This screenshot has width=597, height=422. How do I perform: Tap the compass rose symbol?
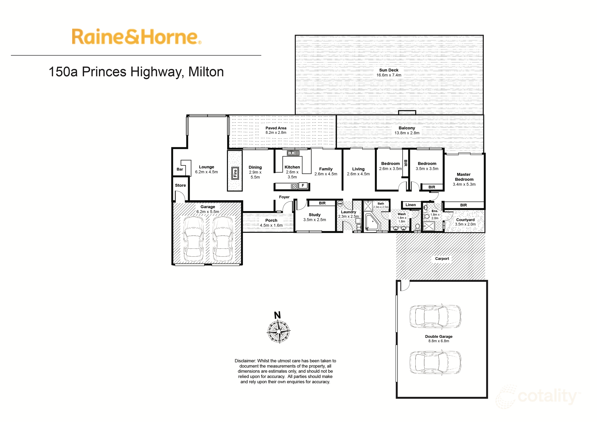tap(278, 332)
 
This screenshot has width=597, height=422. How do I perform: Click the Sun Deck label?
tap(389, 70)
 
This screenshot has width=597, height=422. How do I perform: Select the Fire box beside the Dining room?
tap(235, 173)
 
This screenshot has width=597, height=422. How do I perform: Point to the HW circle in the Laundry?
tap(340, 204)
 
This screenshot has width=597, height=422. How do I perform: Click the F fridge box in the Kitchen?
tap(303, 185)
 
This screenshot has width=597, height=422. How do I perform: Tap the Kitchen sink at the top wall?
tap(293, 153)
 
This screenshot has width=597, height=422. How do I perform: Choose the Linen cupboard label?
tap(411, 205)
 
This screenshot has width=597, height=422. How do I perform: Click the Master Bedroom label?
tap(464, 177)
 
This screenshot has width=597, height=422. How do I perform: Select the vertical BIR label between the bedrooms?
tap(405, 163)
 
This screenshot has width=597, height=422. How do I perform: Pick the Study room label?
tap(315, 215)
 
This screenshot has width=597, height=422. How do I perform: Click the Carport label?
tap(442, 259)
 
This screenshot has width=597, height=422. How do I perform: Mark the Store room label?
tap(180, 185)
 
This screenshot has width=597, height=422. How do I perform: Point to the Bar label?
tap(180, 169)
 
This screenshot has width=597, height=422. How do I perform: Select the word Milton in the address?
tap(206, 72)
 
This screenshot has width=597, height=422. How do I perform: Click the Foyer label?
tap(284, 197)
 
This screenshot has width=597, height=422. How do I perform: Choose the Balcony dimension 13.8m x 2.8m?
tap(407, 133)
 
